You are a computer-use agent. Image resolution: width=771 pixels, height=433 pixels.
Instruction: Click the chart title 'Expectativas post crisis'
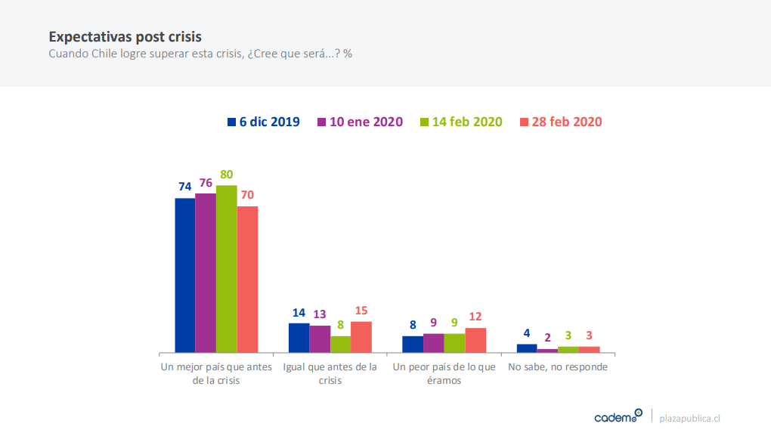125,36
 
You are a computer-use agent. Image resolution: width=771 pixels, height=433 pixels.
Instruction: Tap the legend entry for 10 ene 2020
360,122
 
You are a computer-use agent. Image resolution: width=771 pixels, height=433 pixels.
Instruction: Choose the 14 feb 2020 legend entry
460,122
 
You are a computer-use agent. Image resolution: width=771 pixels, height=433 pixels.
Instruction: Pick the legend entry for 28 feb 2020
560,122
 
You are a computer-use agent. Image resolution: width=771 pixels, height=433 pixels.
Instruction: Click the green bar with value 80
226,268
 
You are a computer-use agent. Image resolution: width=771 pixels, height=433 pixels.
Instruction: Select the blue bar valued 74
184,275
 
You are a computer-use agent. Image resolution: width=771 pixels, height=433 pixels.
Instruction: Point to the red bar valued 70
247,279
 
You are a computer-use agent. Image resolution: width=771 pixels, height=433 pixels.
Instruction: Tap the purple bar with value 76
206,273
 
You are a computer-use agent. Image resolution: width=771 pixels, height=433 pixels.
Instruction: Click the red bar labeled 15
361,337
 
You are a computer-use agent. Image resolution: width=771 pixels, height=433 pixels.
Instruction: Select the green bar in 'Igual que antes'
340,344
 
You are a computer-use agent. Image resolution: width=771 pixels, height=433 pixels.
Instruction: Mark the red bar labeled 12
475,340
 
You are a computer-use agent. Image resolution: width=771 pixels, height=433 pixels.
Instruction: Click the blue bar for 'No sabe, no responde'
527,348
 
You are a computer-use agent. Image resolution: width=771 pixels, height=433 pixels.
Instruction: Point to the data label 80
226,175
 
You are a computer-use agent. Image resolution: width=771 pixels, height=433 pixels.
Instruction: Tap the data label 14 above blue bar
299,313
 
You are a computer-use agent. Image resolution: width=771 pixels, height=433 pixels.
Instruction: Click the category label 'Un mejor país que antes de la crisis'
215,373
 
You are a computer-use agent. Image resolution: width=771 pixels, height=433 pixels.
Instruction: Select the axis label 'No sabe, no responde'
558,367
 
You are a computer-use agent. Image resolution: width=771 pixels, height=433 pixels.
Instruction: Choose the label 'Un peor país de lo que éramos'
444,373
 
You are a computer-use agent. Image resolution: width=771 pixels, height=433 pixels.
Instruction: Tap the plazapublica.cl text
690,418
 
